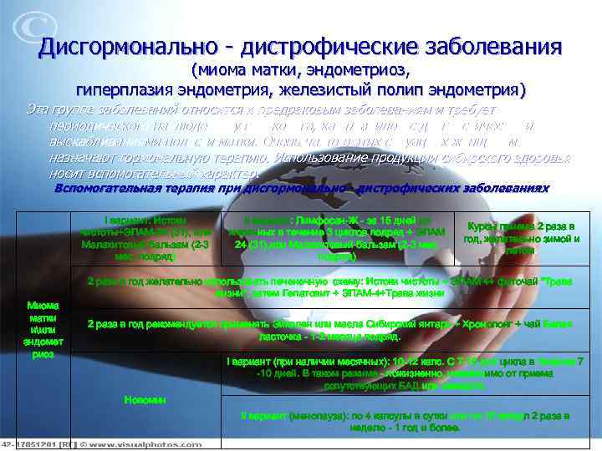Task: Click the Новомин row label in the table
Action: pos(145,400)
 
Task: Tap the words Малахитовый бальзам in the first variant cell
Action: pos(125,245)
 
